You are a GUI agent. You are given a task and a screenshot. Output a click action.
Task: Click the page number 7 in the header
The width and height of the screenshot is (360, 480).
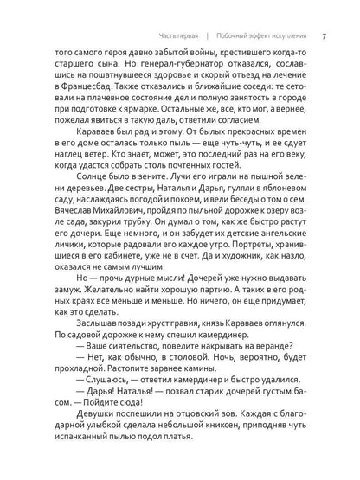(323, 36)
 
